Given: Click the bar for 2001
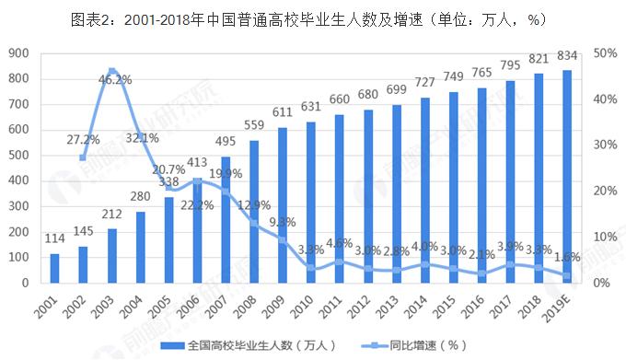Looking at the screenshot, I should click(x=54, y=268).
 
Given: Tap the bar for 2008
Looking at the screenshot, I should click(x=254, y=212).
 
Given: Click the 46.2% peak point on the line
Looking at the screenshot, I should click(x=111, y=71).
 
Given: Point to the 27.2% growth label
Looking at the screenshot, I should click(x=84, y=140).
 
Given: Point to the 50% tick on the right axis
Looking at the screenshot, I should click(x=606, y=52).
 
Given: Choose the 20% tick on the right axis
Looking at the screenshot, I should click(x=606, y=191).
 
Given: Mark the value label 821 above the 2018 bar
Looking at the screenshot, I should click(x=539, y=60).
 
